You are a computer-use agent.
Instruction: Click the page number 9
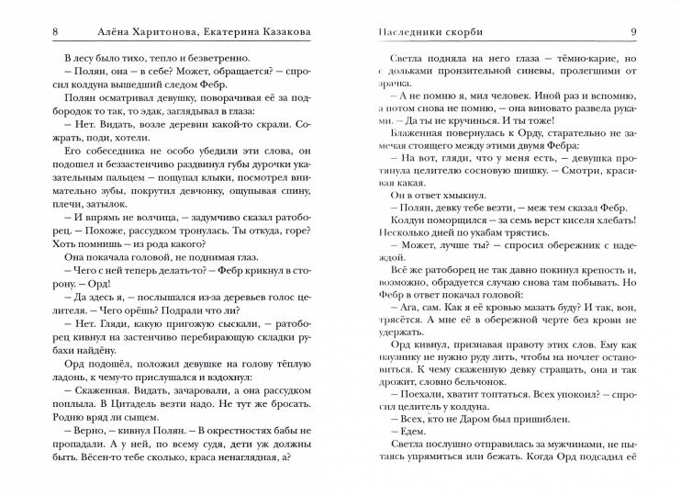pos(633,33)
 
